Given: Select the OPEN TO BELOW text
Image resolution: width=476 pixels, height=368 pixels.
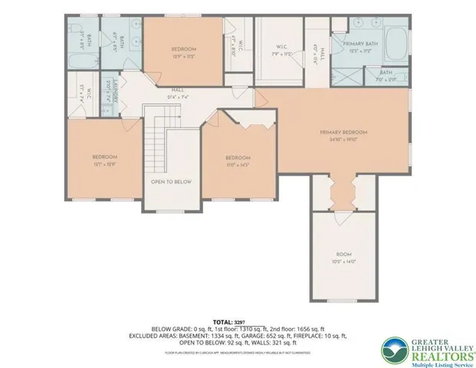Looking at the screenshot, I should pos(171,182).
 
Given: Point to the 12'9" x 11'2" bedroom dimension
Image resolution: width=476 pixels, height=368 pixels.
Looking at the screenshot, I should pos(184,56).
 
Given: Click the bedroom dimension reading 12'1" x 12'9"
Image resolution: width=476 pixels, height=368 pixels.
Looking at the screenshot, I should pos(104,163).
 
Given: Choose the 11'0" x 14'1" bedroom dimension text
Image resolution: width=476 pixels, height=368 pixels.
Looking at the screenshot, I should pos(238,163).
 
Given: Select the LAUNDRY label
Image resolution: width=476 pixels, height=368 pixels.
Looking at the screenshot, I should pos(110,93).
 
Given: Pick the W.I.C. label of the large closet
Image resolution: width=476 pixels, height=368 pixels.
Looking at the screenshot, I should pos(281,47).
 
